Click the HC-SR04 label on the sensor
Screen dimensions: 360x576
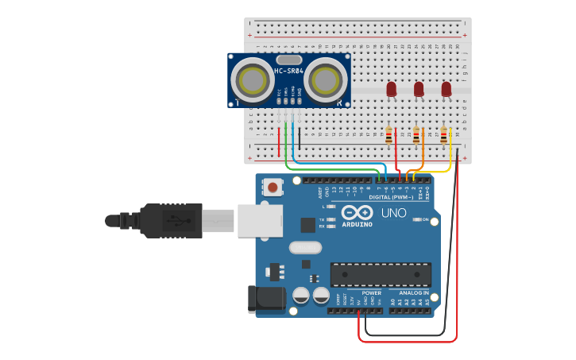tap(289, 72)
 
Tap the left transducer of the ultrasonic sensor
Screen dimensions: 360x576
tap(253, 79)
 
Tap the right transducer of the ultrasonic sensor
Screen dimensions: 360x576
tap(324, 79)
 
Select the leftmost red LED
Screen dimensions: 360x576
tap(392, 89)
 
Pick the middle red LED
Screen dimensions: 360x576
tap(419, 89)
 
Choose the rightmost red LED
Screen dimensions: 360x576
tap(446, 89)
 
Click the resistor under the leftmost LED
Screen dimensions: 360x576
tap(389, 135)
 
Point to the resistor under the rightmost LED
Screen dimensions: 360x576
tap(443, 136)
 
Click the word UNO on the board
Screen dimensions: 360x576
tap(394, 213)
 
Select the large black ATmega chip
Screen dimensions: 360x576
tap(381, 274)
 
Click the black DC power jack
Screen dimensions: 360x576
tap(266, 299)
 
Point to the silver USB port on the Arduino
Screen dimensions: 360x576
tap(259, 219)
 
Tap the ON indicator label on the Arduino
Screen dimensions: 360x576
tap(426, 219)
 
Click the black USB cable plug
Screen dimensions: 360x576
tap(171, 219)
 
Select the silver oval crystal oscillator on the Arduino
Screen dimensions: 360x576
tap(305, 247)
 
